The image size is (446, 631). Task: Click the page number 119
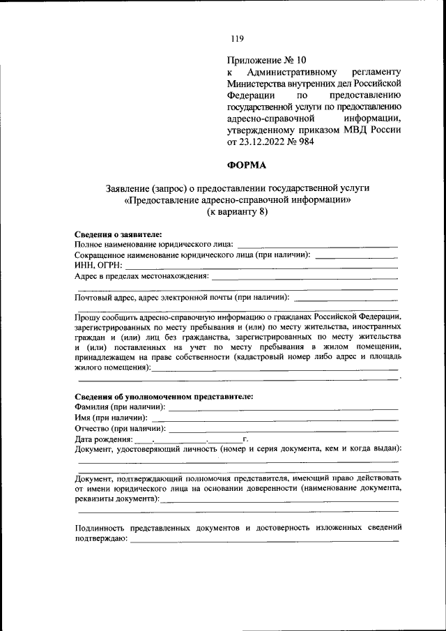(x=237, y=38)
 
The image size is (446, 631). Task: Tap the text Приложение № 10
(x=267, y=60)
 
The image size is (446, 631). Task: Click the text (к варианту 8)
(x=237, y=213)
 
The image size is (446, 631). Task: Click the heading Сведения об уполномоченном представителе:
(x=164, y=396)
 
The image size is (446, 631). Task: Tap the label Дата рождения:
(x=103, y=440)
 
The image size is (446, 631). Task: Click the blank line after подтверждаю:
(x=265, y=541)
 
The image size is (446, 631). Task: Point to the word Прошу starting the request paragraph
(x=89, y=315)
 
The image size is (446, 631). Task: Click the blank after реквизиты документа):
(x=280, y=501)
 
